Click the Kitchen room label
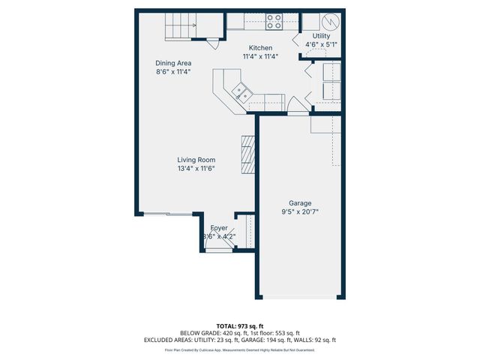pos(260,47)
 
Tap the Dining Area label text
pos(172,63)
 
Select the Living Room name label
pos(196,160)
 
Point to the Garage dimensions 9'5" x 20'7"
pos(300,212)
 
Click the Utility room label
pos(320,35)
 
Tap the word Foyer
pos(219,227)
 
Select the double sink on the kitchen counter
pos(241,93)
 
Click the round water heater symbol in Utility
pos(334,20)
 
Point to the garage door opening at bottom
pos(300,298)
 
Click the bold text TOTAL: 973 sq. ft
pos(240,326)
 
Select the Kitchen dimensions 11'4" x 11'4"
pos(260,55)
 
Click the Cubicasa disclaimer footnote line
pos(240,350)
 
